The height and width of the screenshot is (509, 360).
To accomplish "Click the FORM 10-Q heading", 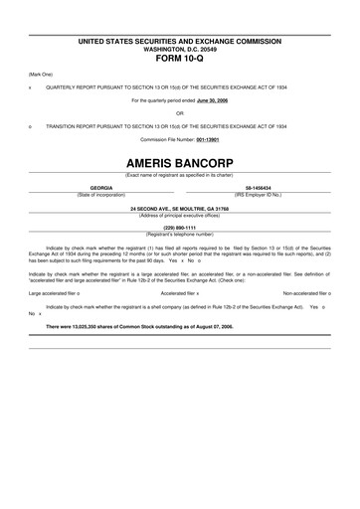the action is (180, 56).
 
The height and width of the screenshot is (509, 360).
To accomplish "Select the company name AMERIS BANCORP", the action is (180, 159).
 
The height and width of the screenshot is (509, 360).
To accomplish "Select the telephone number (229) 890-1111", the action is (180, 228).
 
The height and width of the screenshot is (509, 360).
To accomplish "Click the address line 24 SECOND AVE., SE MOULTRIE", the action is (180, 208).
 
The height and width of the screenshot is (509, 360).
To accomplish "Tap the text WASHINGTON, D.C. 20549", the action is (180, 47).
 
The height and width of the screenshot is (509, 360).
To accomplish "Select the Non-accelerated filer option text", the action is (305, 293).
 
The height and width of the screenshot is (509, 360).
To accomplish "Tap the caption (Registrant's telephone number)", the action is (180, 234).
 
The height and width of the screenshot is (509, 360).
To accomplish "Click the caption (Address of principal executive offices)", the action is (180, 214).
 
